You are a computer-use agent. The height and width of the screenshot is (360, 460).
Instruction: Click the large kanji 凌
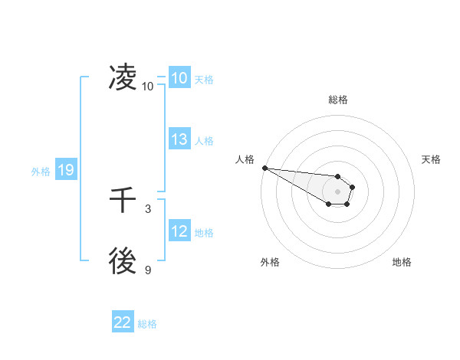123,77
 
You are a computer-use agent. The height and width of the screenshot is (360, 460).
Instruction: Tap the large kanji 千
123,201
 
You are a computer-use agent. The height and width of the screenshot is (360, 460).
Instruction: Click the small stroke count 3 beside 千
148,208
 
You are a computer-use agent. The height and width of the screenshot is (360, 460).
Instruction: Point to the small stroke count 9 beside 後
148,270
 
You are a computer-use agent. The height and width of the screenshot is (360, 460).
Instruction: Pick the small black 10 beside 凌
147,86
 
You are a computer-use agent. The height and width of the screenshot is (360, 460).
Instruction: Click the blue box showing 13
179,139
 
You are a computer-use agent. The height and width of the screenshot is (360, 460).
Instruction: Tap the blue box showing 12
179,231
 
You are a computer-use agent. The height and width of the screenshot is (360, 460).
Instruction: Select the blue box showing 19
65,171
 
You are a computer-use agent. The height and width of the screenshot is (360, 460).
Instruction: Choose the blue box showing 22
123,322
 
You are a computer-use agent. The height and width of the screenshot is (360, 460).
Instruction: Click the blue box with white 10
179,78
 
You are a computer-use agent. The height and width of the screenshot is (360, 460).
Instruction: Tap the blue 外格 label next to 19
41,172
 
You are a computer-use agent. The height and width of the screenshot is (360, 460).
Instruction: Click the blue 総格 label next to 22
147,324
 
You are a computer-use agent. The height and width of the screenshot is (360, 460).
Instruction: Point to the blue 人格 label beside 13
204,141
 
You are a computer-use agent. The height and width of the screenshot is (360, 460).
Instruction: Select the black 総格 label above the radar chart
338,100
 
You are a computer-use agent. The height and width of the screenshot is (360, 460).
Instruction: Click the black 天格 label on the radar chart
431,159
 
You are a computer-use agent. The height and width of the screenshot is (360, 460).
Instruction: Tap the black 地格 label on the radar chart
402,262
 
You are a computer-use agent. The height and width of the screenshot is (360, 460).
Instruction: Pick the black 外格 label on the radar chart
270,262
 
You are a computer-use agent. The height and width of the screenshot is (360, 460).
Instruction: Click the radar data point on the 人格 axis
264,168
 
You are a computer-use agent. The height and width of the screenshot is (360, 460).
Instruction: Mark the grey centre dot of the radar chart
337,191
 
